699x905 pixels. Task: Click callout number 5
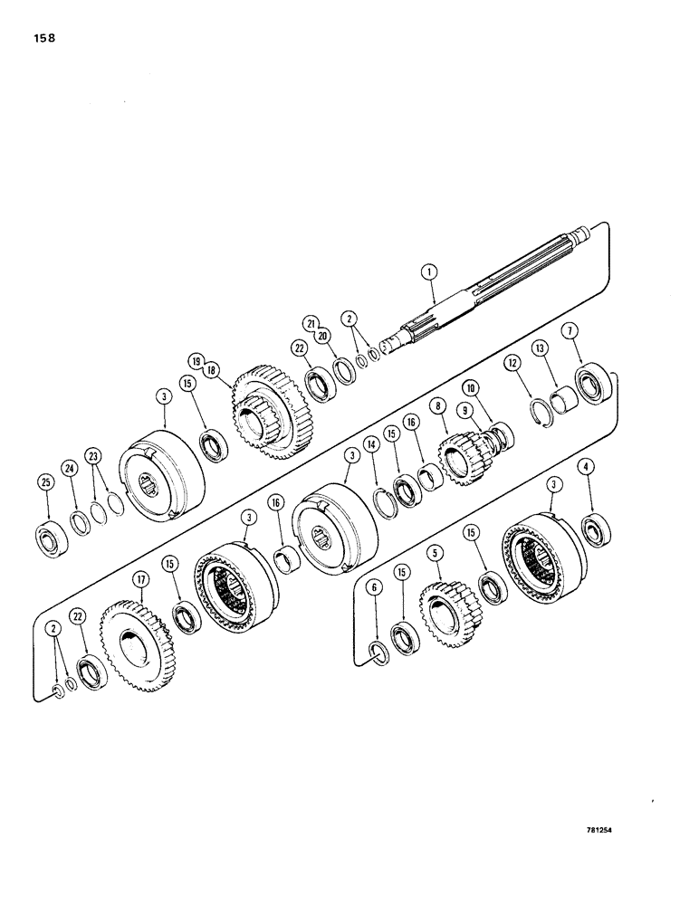[436, 551]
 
